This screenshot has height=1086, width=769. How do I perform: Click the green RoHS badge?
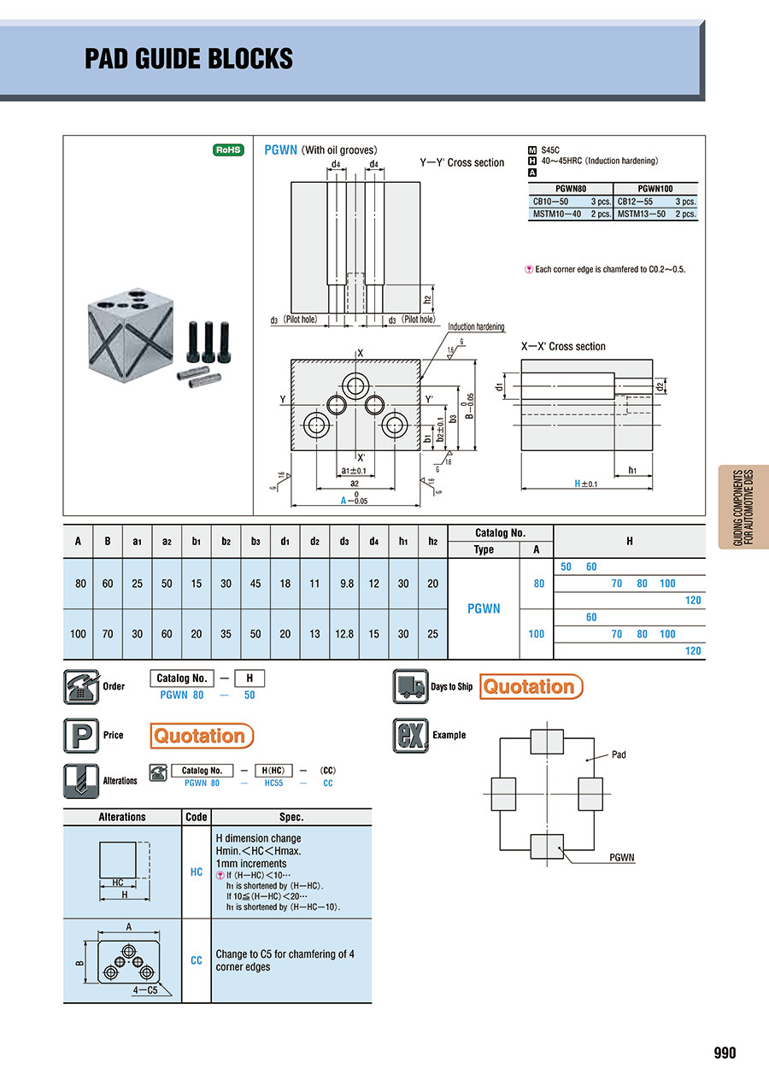[228, 150]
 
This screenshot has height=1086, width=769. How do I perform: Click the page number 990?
[725, 1053]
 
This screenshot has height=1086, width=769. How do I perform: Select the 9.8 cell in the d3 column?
[347, 584]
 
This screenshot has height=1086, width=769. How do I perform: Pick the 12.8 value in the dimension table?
[344, 634]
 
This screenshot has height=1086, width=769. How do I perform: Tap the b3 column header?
[255, 541]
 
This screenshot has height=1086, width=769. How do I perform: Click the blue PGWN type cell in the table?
[484, 608]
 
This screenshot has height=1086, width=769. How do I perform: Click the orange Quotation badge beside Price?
[202, 736]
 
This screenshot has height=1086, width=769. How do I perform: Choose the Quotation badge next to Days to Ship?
[531, 686]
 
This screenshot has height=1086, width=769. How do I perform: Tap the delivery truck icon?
[410, 686]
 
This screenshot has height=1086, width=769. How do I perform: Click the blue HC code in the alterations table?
[197, 872]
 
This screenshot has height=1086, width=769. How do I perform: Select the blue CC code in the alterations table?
[197, 960]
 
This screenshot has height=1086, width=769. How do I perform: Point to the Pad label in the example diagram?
[619, 754]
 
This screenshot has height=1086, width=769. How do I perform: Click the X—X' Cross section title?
[563, 346]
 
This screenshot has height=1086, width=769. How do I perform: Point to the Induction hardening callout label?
[476, 326]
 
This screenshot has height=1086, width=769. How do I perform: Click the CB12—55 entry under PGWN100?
[635, 201]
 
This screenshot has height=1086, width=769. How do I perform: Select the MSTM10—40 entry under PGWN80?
[556, 214]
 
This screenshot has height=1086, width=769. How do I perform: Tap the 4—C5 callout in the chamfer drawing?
[145, 990]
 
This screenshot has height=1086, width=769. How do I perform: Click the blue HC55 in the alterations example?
[273, 783]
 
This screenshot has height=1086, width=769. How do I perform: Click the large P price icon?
[81, 736]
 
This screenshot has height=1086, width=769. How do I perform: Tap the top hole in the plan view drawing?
[355, 386]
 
